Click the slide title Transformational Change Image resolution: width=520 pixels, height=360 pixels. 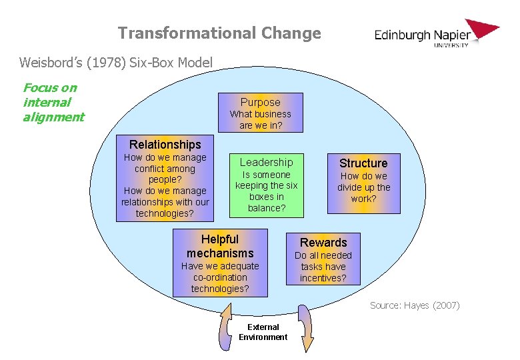[219, 33]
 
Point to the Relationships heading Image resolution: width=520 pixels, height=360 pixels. [165, 145]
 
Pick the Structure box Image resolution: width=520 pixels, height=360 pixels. [363, 181]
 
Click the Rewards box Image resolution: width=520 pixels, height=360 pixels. [323, 259]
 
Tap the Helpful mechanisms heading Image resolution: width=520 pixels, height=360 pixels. [220, 246]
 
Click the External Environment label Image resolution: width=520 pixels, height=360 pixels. [263, 332]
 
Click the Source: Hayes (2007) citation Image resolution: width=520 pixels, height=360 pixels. [415, 305]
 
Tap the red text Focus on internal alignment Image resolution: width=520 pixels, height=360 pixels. [53, 103]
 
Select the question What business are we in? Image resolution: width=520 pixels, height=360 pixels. [260, 119]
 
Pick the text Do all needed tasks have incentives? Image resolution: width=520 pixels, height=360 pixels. [323, 267]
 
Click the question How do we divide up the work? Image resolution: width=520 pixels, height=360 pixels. [363, 187]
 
